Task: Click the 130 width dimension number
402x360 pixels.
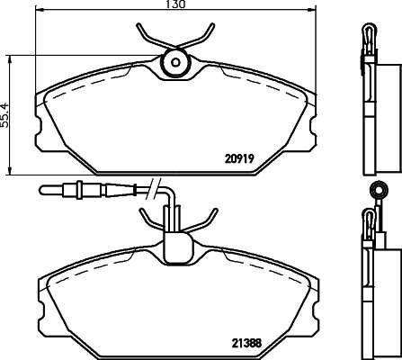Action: tap(176, 4)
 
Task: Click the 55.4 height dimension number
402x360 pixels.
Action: tap(5, 115)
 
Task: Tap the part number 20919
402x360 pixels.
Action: tap(239, 158)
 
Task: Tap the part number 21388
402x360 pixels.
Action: tap(246, 343)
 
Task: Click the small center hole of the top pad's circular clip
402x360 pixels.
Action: tap(175, 62)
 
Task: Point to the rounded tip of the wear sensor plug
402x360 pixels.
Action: tap(42, 190)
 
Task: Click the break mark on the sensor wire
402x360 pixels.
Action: tap(154, 188)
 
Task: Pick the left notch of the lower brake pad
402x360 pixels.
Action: tap(41, 311)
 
